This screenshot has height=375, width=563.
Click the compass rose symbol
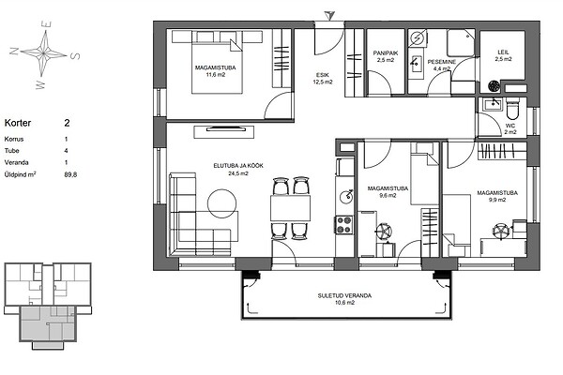[44, 53]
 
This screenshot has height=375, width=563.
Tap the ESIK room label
[323, 75]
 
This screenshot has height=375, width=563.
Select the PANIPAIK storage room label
[386, 53]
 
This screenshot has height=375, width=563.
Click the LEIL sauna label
[503, 52]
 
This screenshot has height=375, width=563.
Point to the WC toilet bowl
[512, 109]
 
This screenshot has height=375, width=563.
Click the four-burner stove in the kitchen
[344, 225]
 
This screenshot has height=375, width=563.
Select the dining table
[290, 208]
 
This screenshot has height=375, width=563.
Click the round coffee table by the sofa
[221, 203]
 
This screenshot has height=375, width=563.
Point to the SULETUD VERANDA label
[344, 296]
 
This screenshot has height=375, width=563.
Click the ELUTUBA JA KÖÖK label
[238, 166]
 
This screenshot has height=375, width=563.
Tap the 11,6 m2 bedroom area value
[216, 75]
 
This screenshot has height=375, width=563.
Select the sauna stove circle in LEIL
[495, 85]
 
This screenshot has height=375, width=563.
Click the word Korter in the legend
[18, 123]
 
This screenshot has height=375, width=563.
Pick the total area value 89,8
[70, 174]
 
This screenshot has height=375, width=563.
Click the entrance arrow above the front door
[329, 15]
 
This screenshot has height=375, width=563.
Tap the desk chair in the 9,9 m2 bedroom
[501, 231]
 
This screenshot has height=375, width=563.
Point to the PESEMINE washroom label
[442, 62]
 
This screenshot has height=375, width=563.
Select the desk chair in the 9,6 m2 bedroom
[384, 231]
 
